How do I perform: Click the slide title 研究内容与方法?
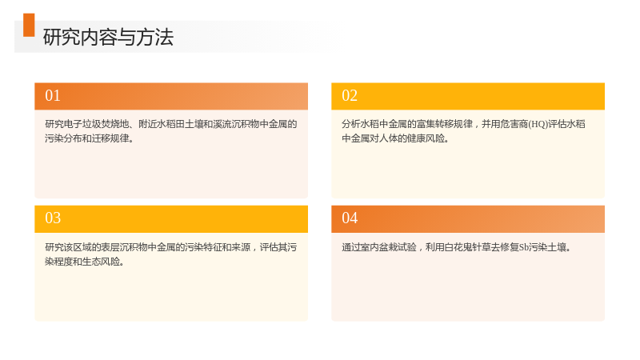[x=108, y=37]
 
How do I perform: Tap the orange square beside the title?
[x=29, y=25]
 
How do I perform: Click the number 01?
[x=53, y=95]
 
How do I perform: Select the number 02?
[x=350, y=95]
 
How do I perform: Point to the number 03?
[x=53, y=218]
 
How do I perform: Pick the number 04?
[x=350, y=218]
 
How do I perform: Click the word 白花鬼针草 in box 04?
[x=467, y=247]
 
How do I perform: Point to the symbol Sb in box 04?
[x=524, y=247]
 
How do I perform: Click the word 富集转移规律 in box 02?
[x=444, y=124]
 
